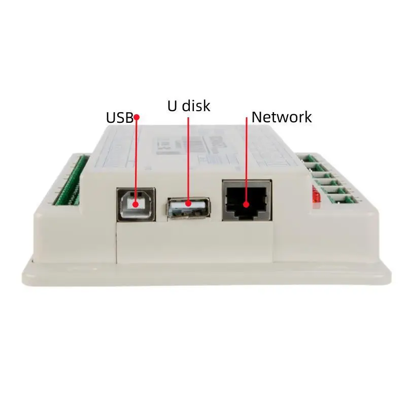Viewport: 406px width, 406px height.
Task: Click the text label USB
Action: pyautogui.click(x=119, y=118)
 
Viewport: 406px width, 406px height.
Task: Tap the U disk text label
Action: pyautogui.click(x=189, y=106)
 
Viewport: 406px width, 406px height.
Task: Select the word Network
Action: pyautogui.click(x=282, y=117)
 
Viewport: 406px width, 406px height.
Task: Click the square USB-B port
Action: pyautogui.click(x=136, y=204)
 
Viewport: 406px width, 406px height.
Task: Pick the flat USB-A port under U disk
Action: pyautogui.click(x=188, y=208)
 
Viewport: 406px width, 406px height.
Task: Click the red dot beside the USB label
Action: pyautogui.click(x=136, y=117)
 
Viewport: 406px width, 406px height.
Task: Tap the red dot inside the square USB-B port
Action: pyautogui.click(x=136, y=205)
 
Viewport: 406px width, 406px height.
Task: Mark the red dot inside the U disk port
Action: pyautogui.click(x=188, y=204)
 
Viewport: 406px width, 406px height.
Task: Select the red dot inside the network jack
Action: pyautogui.click(x=246, y=205)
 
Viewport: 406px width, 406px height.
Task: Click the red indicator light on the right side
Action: pyautogui.click(x=316, y=195)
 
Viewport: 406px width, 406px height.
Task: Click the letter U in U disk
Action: pyautogui.click(x=172, y=106)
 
